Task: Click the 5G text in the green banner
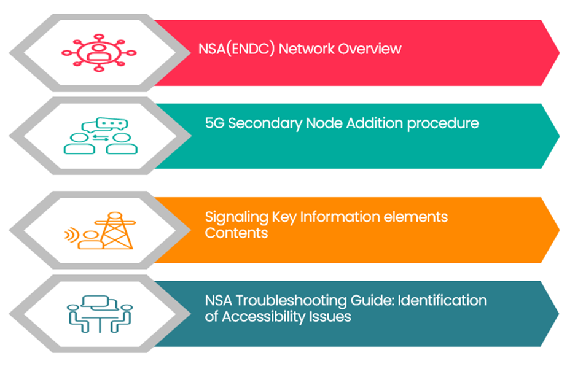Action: point(213,123)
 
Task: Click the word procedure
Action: point(442,123)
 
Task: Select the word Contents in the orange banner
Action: point(230,233)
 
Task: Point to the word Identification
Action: point(442,301)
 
